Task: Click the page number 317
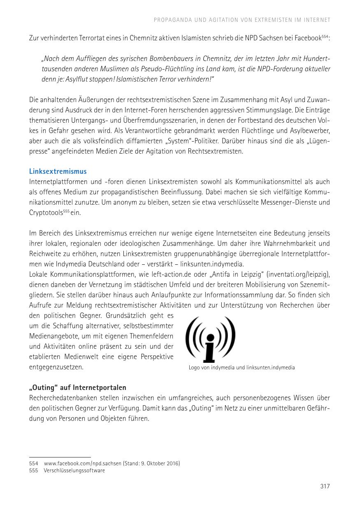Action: [x=325, y=486]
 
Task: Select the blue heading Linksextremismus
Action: [x=58, y=171]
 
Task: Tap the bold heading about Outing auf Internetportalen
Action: [x=78, y=387]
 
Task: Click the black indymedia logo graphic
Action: [x=210, y=339]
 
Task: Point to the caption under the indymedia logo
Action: [x=242, y=367]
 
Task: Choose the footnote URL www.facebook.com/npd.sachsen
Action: [x=82, y=463]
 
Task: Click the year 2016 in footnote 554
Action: [x=172, y=463]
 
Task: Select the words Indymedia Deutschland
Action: [x=89, y=264]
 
